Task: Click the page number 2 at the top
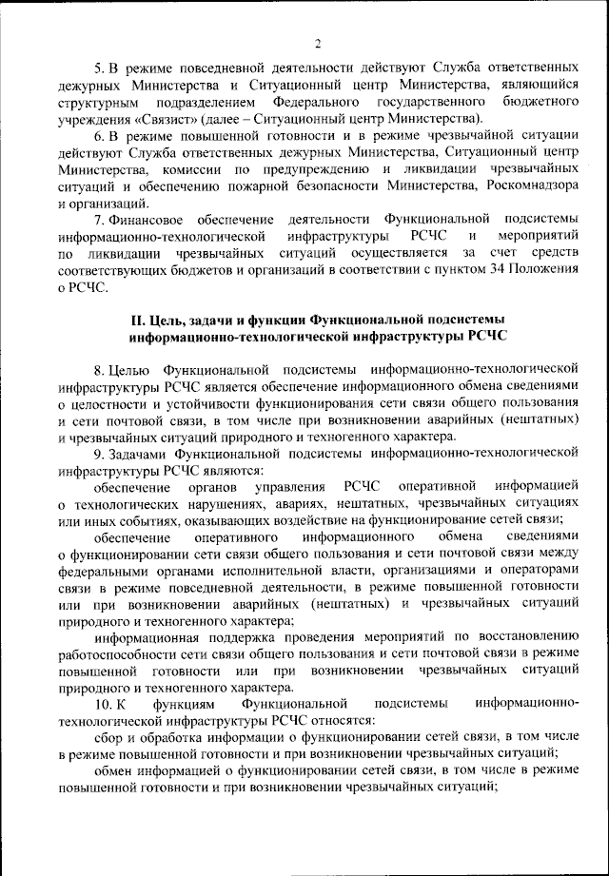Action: coord(318,42)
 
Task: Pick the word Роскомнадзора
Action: coord(535,186)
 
